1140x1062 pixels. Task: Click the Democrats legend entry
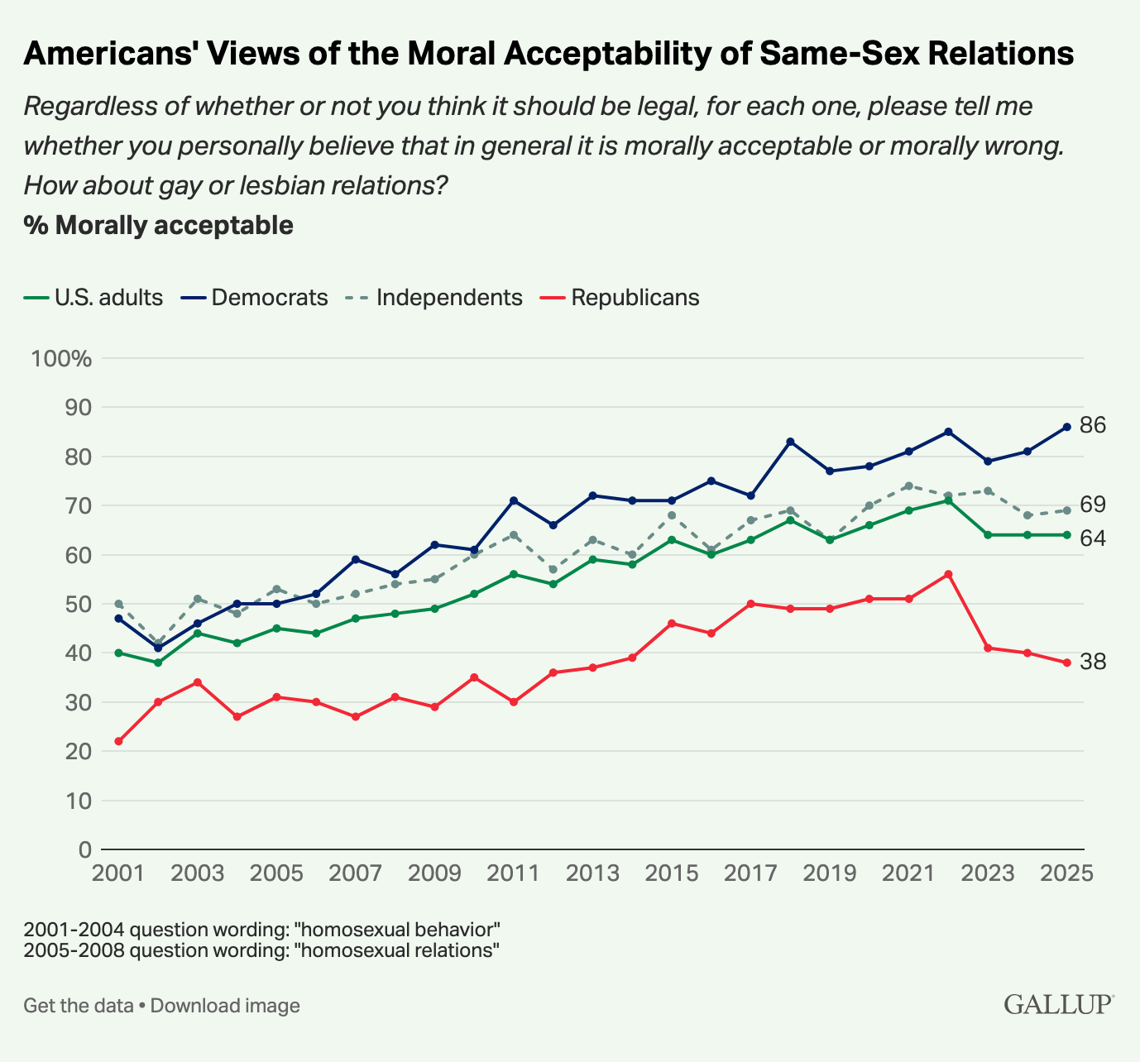(x=270, y=298)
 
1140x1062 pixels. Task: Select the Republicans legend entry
(x=635, y=298)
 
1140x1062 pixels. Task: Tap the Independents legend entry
(x=449, y=298)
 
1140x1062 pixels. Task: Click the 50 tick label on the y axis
(x=74, y=605)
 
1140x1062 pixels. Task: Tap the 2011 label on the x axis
(x=514, y=874)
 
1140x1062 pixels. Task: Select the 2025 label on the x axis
(x=1066, y=874)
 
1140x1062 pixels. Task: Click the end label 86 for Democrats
(x=1093, y=426)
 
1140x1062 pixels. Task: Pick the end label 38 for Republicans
(x=1093, y=662)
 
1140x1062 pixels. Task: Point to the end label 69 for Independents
(x=1093, y=505)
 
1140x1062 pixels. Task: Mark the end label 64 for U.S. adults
(x=1093, y=538)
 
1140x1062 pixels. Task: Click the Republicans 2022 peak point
(x=948, y=574)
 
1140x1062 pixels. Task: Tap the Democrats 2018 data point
(x=790, y=442)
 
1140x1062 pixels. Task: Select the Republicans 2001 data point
(x=118, y=741)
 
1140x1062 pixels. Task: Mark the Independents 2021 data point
(x=908, y=486)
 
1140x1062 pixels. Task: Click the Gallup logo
(x=1058, y=1005)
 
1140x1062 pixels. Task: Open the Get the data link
(x=78, y=1006)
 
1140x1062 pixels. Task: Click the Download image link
(x=225, y=1006)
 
